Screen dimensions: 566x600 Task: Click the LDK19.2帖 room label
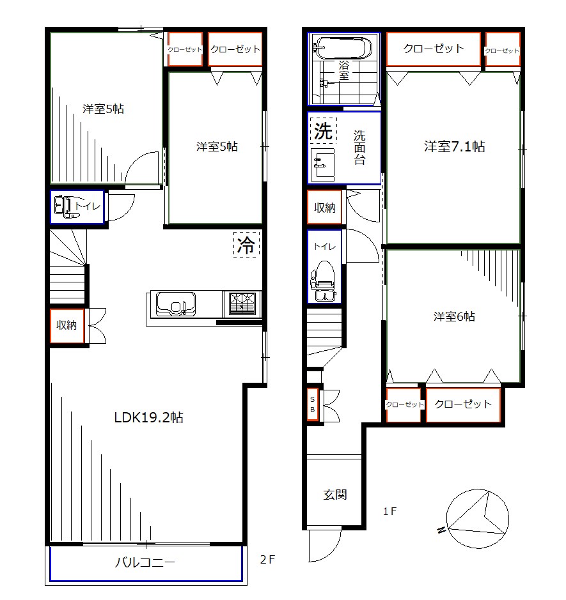148,417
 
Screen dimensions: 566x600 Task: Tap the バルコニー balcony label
145,562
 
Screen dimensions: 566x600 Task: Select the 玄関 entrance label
335,495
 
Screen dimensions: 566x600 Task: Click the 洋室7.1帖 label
455,146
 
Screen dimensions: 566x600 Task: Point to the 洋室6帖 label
454,316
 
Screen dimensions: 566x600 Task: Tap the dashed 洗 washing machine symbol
323,130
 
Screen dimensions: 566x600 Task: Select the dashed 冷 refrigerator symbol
246,245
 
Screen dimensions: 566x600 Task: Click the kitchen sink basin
175,304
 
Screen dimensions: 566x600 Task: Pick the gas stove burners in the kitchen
242,304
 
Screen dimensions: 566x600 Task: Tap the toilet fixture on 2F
66,207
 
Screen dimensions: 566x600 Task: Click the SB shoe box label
313,404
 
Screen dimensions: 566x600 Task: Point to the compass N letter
441,530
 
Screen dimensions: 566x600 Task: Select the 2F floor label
268,560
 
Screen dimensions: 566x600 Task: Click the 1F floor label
390,511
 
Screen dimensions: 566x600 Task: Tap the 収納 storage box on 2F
67,326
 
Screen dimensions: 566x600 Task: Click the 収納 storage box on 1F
324,207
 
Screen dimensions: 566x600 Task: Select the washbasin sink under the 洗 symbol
322,165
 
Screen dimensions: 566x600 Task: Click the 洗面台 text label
359,148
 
